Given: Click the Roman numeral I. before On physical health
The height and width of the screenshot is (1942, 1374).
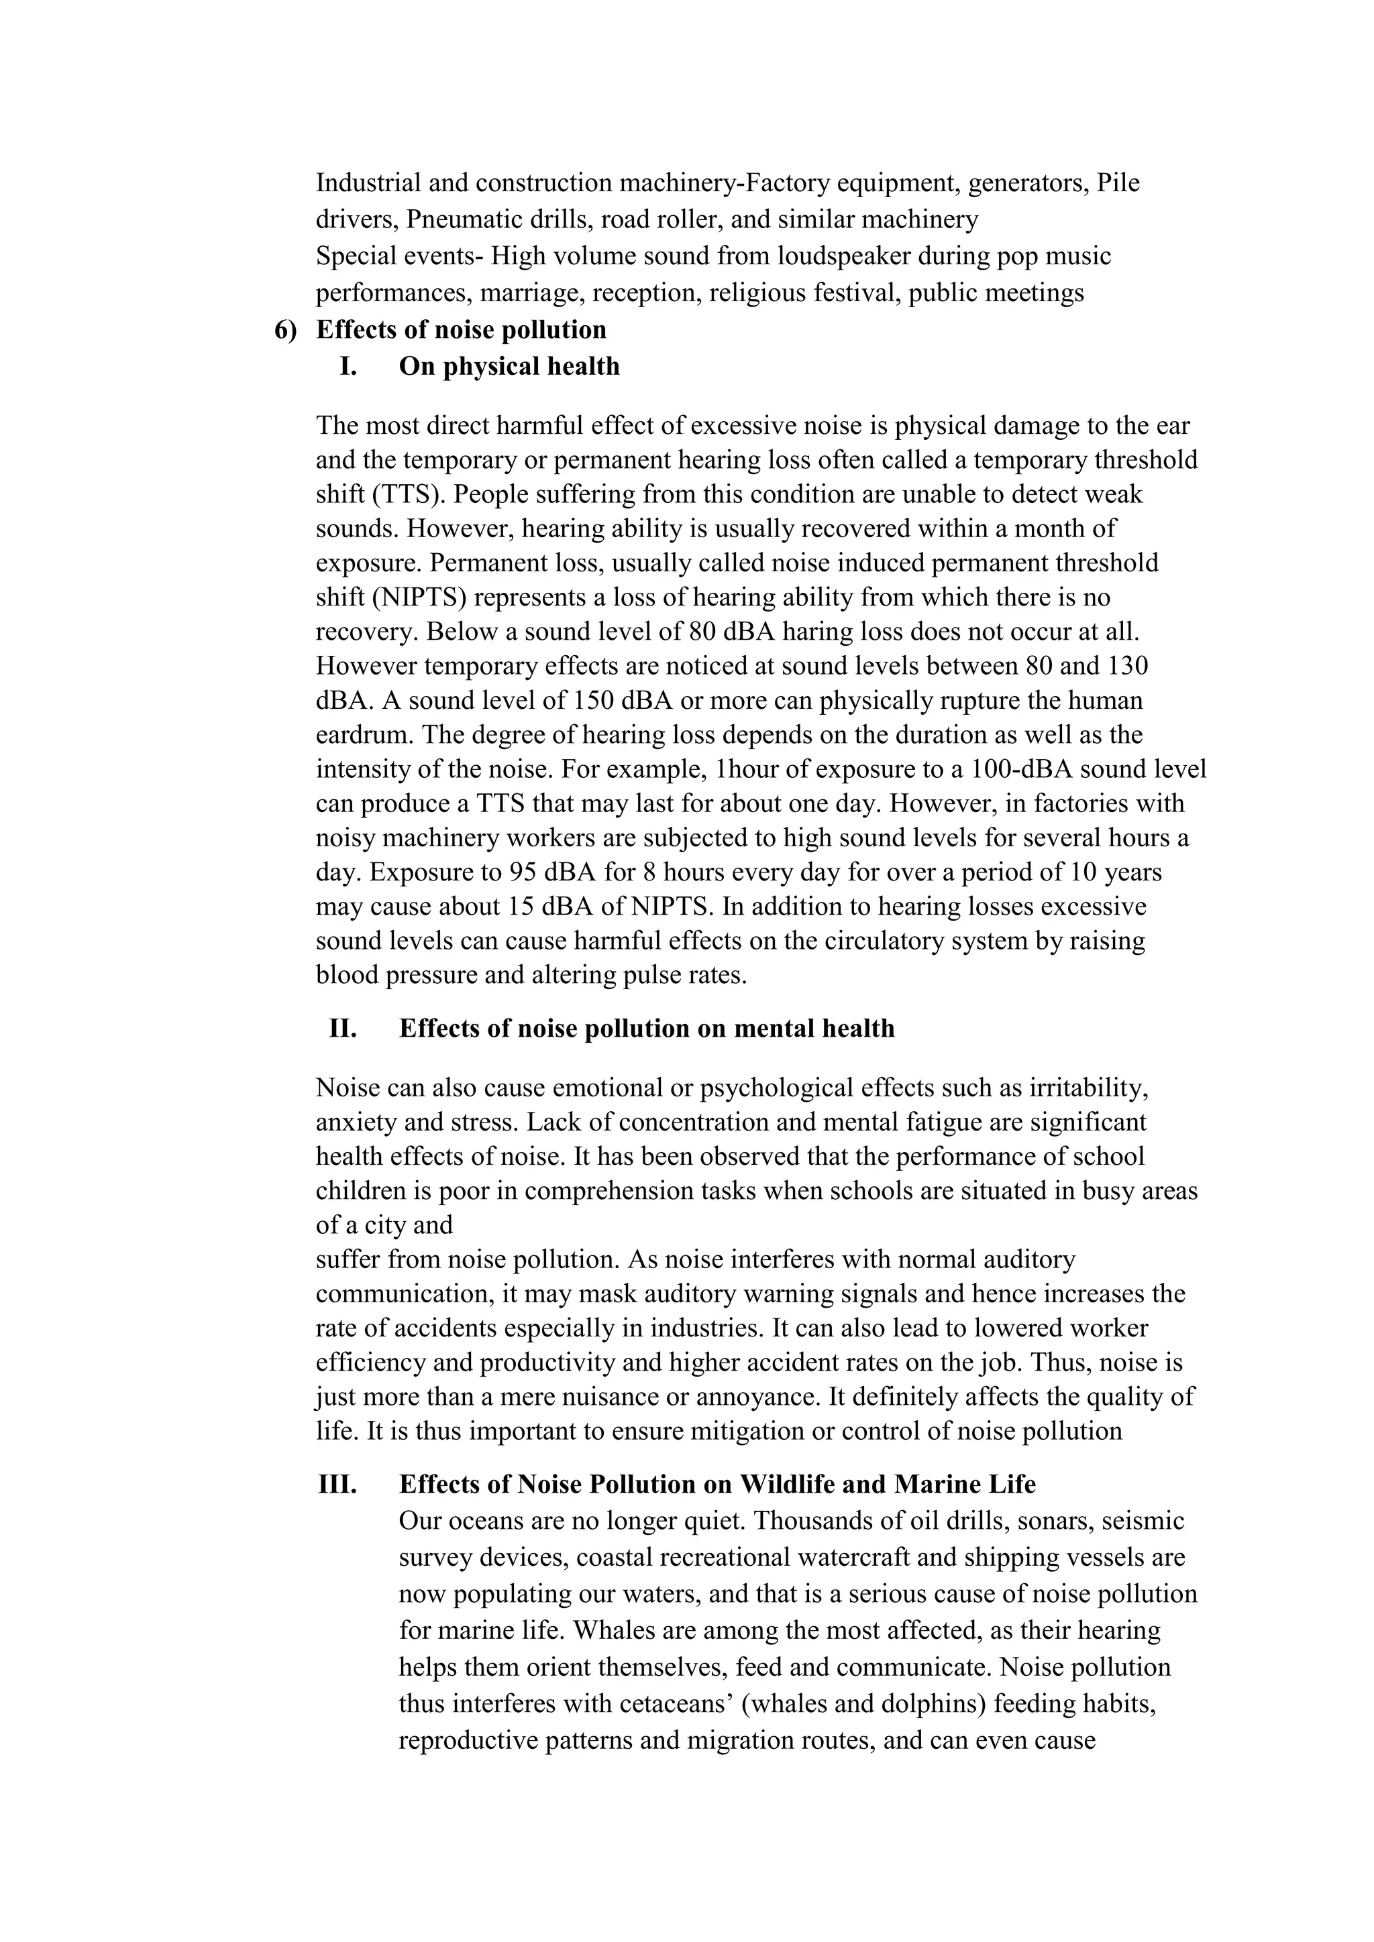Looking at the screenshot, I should click(349, 367).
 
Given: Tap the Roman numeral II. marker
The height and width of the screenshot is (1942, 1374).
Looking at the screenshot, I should click(343, 1029).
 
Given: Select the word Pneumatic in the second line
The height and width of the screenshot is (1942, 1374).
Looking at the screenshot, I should click(458, 220).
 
